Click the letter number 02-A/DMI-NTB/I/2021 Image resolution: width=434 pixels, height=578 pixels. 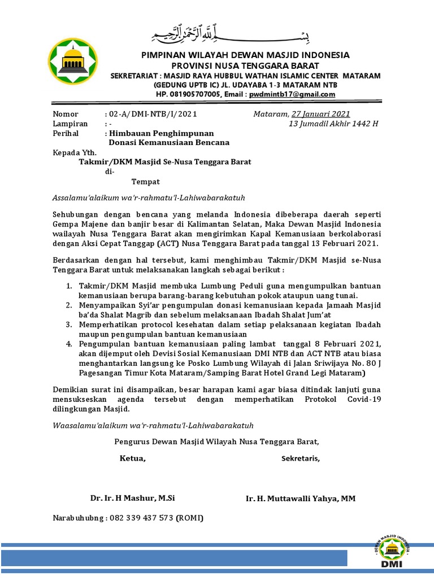pos(151,113)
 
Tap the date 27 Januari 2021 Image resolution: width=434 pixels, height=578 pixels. pos(320,113)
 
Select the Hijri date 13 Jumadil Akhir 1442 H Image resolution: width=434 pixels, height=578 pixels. pos(333,123)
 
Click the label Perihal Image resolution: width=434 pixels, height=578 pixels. pos(66,133)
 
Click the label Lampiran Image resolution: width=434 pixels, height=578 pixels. pos(70,123)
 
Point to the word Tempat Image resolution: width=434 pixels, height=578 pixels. pos(146,181)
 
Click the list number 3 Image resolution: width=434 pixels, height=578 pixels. pos(68,325)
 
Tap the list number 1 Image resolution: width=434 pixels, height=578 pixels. pos(68,286)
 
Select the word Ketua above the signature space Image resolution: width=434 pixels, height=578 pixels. pos(132,458)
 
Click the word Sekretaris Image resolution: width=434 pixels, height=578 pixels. pos(301,458)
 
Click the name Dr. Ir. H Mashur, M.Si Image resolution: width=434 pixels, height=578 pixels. pos(133,498)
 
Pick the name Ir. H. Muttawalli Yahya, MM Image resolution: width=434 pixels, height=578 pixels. pos(301,498)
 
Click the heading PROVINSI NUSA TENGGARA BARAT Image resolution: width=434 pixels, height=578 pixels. pos(245,65)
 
